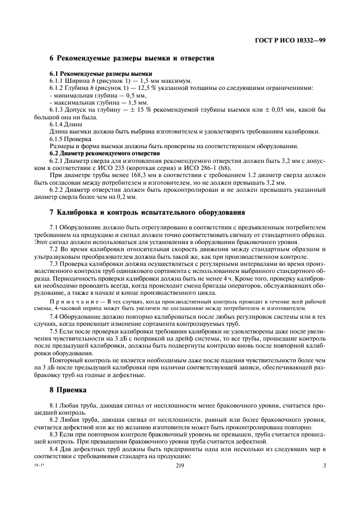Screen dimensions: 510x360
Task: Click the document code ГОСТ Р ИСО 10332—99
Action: pos(290,40)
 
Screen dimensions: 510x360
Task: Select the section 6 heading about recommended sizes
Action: pos(131,58)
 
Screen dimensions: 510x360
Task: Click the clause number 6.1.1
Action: pos(57,81)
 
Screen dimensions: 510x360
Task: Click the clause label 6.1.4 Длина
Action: pos(68,124)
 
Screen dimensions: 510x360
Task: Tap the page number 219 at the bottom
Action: pos(180,465)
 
